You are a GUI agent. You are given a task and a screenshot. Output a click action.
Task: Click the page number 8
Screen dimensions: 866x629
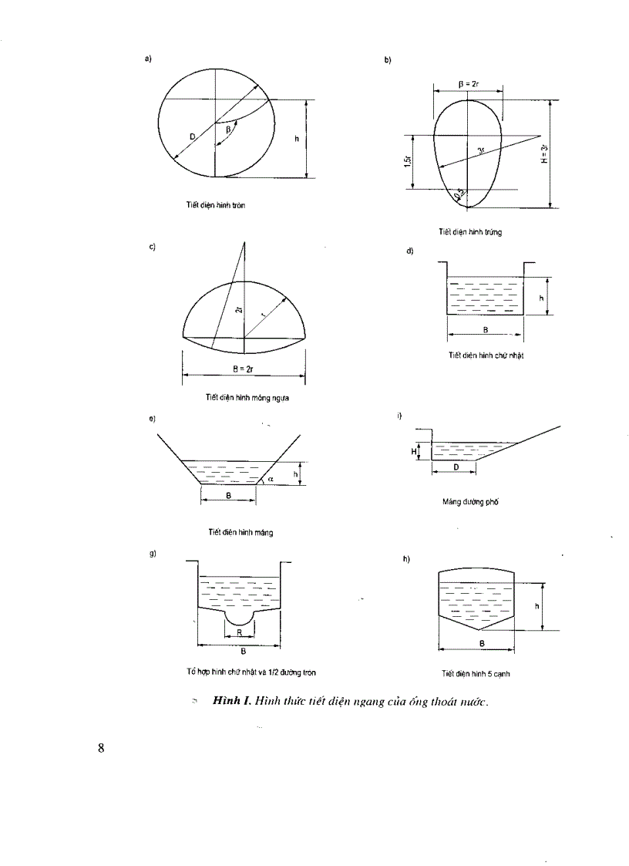point(101,747)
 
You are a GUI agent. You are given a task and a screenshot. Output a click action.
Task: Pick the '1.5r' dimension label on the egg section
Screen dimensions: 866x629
point(405,161)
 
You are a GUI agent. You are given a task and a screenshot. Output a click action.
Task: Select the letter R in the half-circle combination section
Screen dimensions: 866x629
point(240,631)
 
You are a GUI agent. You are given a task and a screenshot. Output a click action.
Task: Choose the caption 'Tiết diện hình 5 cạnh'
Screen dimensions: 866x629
point(476,673)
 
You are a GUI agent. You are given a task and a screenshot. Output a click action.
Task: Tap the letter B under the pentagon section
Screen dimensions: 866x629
point(482,642)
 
